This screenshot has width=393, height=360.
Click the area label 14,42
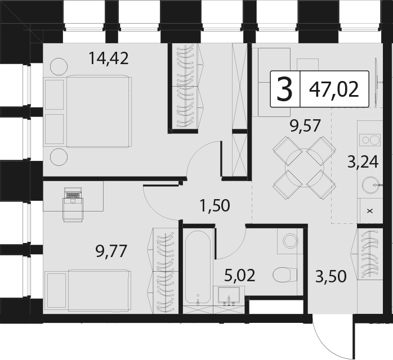pos(109,58)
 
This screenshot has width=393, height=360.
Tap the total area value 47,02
pos(334,89)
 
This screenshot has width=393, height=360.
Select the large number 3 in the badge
pos(285,89)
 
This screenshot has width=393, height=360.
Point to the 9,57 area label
pos(305,125)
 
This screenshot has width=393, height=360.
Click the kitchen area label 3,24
pos(363,162)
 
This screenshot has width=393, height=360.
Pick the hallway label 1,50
pos(215,206)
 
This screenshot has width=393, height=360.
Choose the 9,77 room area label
pos(111,251)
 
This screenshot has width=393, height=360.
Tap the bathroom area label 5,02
pos(240,275)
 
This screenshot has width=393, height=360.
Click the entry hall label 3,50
pos(331,276)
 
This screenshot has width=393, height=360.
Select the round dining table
pos(304,168)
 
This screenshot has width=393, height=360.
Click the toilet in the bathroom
pos(284,275)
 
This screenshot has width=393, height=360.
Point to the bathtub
pos(198,267)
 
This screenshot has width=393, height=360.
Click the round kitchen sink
pos(370,185)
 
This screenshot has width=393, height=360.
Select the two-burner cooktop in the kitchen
pos(370,139)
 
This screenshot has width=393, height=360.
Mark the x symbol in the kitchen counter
pos(370,211)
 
